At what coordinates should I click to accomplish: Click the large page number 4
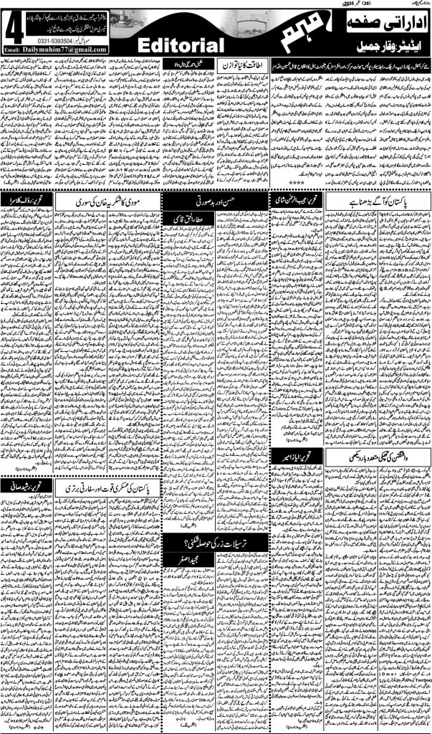(x=14, y=32)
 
